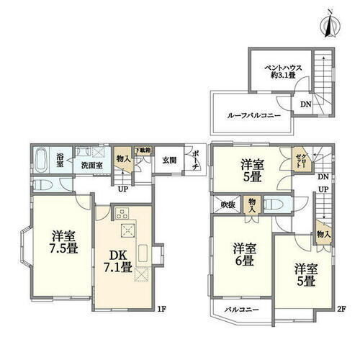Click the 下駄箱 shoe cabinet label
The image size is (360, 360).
(x=145, y=150)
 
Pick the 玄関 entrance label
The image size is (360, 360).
(x=168, y=160)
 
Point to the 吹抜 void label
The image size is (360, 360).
(x=228, y=204)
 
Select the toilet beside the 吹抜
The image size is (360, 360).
(x=274, y=204)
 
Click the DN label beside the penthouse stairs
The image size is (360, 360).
(x=305, y=104)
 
